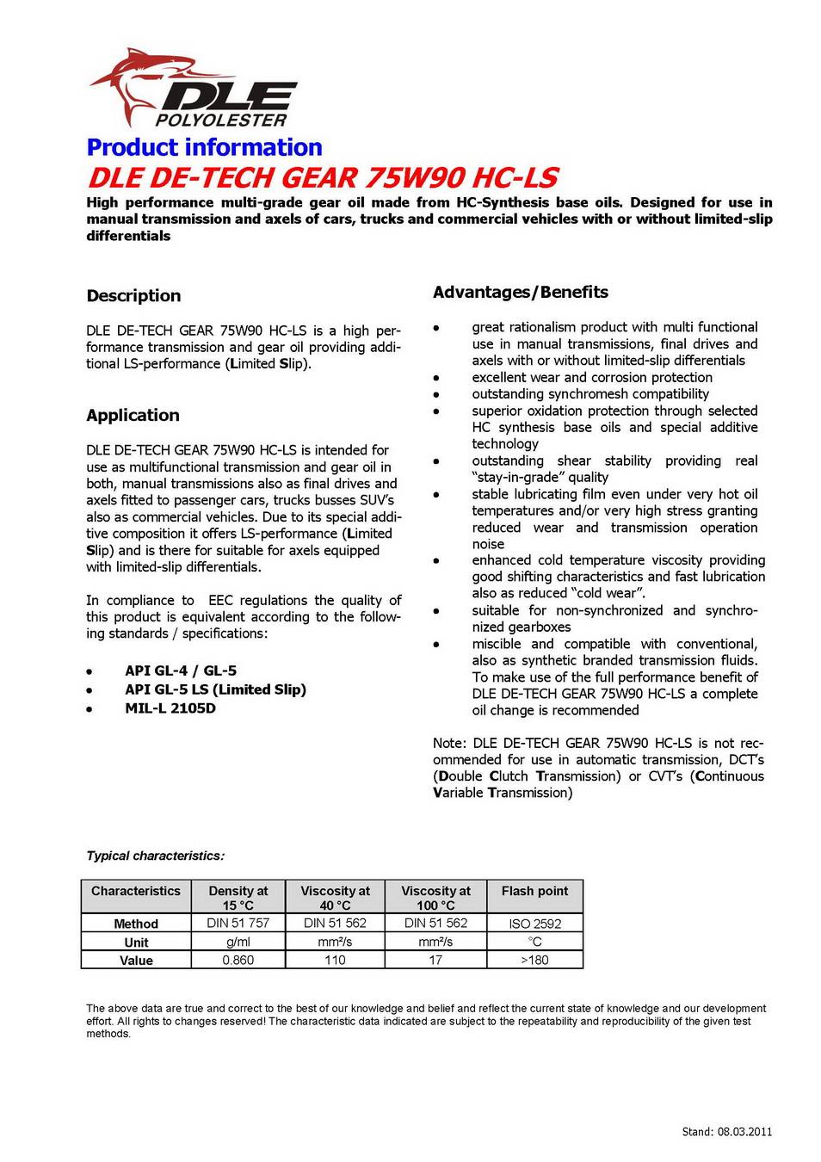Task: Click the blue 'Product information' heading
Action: (204, 147)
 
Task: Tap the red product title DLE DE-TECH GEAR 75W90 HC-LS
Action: (322, 177)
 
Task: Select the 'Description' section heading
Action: (133, 296)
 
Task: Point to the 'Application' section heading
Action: (133, 415)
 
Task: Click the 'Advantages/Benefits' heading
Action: (520, 293)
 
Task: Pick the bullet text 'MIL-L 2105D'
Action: (170, 708)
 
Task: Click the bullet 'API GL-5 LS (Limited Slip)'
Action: (215, 689)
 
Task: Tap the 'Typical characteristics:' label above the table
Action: (155, 856)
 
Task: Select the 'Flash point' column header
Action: (534, 892)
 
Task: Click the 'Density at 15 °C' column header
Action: (238, 898)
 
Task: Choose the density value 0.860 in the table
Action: (238, 961)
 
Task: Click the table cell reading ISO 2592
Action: (534, 924)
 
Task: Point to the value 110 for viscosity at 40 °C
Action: (335, 961)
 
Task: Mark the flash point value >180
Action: (534, 961)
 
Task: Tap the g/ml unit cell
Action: (238, 942)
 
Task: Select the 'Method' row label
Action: (136, 924)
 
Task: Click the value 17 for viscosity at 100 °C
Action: (435, 961)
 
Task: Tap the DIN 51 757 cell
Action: (238, 923)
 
